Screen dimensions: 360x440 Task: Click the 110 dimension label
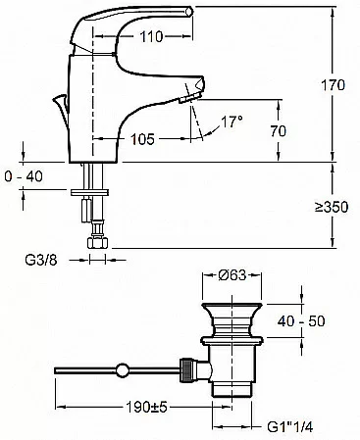[x=151, y=36]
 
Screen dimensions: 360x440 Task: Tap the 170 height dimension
[x=333, y=85]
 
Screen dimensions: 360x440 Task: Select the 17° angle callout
[x=231, y=122]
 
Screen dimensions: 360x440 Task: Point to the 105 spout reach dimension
[x=142, y=139]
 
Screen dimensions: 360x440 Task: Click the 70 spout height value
[x=279, y=131]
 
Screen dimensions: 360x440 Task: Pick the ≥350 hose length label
[x=332, y=207]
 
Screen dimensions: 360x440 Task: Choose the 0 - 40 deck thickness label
[x=24, y=176]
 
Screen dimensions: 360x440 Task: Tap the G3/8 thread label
[x=41, y=260]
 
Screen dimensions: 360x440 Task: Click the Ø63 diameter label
[x=232, y=275]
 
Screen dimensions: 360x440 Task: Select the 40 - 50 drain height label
[x=301, y=321]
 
